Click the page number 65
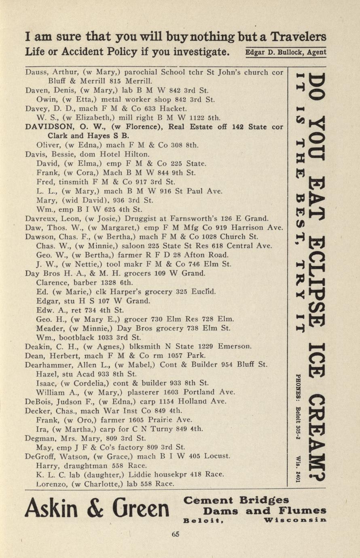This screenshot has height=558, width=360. (x=175, y=534)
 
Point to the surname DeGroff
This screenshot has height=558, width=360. (x=38, y=457)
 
